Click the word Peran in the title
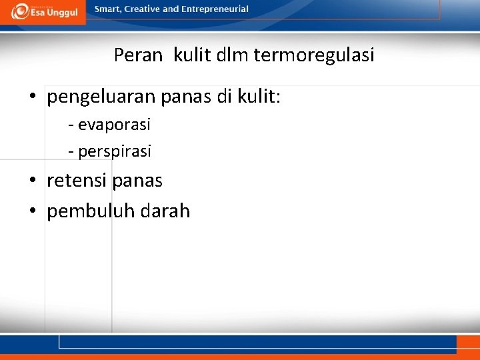pyautogui.click(x=138, y=55)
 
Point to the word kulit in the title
pyautogui.click(x=193, y=55)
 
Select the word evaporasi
pyautogui.click(x=114, y=125)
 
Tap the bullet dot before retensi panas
pyautogui.click(x=33, y=181)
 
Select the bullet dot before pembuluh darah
pyautogui.click(x=33, y=212)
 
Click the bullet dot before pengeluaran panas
pyautogui.click(x=33, y=99)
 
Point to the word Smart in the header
pyautogui.click(x=107, y=9)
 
